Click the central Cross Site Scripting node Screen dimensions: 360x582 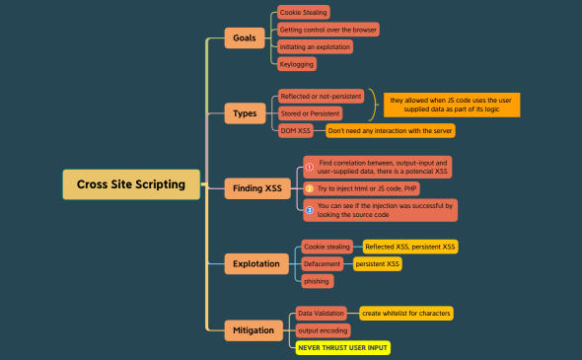[130, 183]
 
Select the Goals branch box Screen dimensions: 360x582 [244, 38]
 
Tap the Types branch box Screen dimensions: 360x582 [244, 112]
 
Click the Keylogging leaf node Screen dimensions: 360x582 [297, 64]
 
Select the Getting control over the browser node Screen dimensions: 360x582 [327, 30]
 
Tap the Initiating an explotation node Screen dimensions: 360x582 [315, 46]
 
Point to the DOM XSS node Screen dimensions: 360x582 [296, 130]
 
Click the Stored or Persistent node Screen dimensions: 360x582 [310, 113]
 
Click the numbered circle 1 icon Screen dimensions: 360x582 [309, 167]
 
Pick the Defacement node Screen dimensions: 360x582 [323, 263]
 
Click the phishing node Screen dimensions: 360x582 [317, 281]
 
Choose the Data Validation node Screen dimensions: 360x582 [321, 313]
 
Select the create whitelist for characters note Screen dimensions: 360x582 [406, 313]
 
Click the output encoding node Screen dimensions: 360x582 [322, 330]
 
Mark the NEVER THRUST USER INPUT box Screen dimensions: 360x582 [343, 347]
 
